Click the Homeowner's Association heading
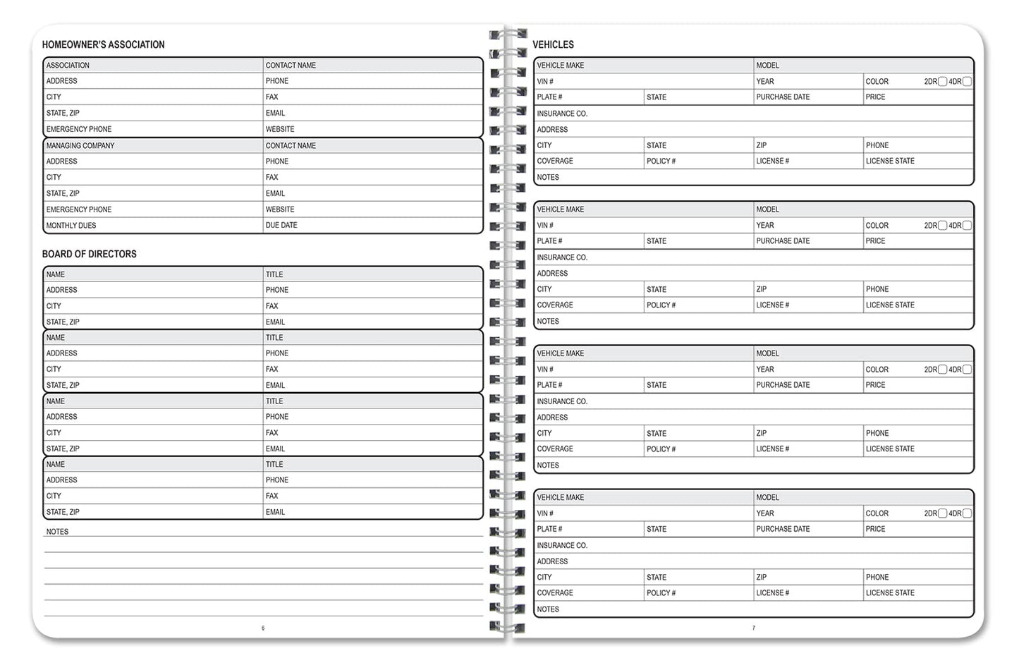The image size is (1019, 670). [103, 44]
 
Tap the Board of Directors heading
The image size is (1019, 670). [89, 254]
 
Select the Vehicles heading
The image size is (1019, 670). [553, 44]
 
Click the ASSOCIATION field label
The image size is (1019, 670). [68, 66]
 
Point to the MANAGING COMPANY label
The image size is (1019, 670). [80, 146]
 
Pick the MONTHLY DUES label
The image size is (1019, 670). [71, 226]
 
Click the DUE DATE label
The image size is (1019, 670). [281, 226]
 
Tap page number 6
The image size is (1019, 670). [263, 628]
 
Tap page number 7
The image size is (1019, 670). [753, 628]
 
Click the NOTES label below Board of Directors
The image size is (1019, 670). [57, 532]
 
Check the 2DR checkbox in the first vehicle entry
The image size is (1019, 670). [942, 82]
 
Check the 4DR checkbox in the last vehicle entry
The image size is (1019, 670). [967, 513]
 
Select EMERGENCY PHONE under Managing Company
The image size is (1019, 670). [78, 209]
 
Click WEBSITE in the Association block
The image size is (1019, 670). [280, 130]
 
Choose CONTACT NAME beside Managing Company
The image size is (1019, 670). [291, 146]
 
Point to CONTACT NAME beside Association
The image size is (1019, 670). [291, 66]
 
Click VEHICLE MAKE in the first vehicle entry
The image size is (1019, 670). [560, 66]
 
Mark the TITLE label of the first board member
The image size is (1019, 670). [274, 274]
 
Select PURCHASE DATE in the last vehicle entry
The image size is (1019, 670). [783, 529]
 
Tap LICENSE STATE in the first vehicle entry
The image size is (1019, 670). [890, 162]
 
